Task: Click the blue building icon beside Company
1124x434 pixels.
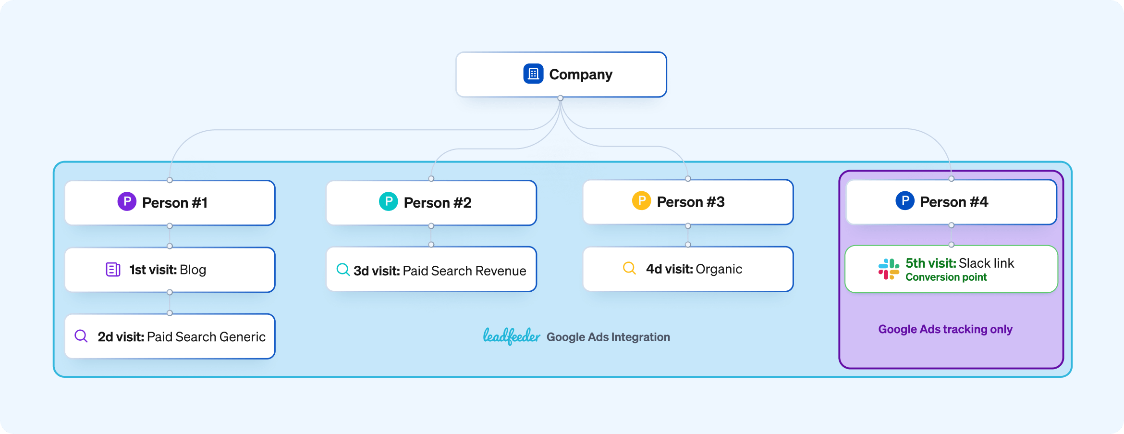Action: (533, 74)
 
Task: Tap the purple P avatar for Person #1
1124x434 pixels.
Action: (127, 201)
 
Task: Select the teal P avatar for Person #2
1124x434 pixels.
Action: (388, 201)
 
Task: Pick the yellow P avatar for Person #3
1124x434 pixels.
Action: (641, 200)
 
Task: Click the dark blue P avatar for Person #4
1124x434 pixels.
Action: (904, 200)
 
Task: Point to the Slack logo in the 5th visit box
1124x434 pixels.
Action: (889, 269)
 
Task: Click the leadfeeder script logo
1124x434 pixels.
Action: (512, 336)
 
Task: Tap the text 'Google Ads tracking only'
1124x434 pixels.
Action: (945, 329)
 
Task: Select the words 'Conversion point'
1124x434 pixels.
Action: (946, 277)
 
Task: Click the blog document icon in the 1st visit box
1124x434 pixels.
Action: (113, 270)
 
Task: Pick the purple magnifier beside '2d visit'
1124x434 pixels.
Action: (81, 336)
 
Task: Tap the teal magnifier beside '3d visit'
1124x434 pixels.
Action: (343, 270)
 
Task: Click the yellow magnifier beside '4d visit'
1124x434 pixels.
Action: (629, 268)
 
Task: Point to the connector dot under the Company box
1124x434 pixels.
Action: (561, 98)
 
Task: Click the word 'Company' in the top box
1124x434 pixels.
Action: (581, 74)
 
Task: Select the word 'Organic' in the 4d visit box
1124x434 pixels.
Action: (719, 269)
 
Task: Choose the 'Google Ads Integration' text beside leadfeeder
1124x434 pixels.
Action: (608, 337)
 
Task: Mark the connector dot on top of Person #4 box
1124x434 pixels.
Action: (952, 179)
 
